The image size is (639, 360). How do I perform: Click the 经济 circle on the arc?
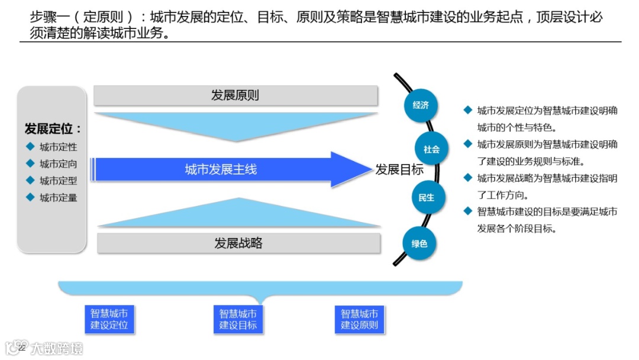[421, 105]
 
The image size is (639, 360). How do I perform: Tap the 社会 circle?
[432, 150]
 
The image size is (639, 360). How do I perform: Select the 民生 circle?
[427, 198]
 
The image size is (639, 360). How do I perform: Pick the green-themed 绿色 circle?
[419, 243]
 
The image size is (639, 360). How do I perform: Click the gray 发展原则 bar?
[235, 95]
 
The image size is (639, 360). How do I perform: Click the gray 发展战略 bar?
[238, 243]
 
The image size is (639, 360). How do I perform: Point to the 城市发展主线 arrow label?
[221, 170]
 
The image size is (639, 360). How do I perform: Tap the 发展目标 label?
[399, 170]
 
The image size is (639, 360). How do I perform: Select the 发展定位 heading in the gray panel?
[53, 129]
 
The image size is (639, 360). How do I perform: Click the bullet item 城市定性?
[58, 147]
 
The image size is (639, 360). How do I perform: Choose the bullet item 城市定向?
[58, 164]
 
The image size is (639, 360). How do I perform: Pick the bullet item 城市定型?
[58, 181]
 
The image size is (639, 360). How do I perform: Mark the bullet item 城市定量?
[58, 198]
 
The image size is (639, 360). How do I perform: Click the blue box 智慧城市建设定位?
[109, 319]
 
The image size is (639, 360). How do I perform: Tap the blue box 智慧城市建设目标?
[238, 319]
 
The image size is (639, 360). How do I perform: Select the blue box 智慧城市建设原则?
[359, 319]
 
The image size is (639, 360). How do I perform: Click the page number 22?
[22, 348]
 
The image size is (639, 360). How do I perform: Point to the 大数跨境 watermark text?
[57, 348]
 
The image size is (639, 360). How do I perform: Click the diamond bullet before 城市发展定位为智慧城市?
[467, 110]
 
